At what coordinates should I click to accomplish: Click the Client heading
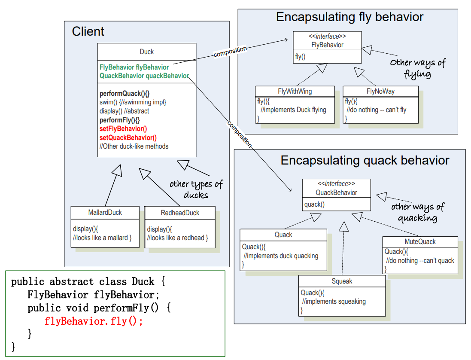(88, 31)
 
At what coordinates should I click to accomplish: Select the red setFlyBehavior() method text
(123, 129)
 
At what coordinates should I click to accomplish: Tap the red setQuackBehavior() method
(128, 138)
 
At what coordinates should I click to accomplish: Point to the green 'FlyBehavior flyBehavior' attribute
(134, 67)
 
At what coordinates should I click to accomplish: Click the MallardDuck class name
(105, 212)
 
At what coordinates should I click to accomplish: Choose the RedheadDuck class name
(180, 213)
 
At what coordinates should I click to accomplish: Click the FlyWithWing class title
(295, 91)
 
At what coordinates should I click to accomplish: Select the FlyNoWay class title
(380, 91)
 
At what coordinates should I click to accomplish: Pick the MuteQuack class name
(420, 241)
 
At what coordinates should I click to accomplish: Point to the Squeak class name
(342, 281)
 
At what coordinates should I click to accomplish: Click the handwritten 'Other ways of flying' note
(418, 68)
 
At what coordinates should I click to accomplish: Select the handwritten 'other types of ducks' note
(196, 189)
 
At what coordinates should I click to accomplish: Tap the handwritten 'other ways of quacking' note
(417, 212)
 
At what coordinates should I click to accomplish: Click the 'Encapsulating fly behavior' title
(349, 17)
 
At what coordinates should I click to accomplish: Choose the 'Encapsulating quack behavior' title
(365, 161)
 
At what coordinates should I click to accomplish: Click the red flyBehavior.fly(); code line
(93, 320)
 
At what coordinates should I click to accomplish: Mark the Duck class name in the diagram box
(147, 52)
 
